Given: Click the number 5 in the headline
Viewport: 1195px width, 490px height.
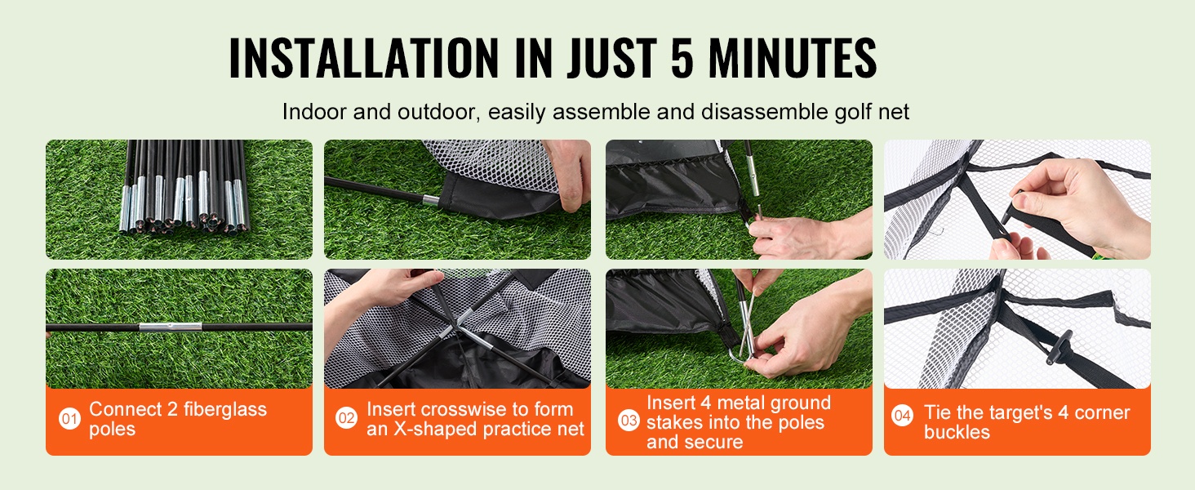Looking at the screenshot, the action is coord(682,58).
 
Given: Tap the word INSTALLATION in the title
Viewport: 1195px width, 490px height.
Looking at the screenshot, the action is coord(363,58).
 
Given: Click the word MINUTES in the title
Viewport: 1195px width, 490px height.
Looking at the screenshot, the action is coord(793,58).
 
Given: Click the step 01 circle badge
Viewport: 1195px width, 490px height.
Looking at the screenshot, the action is coord(69,419).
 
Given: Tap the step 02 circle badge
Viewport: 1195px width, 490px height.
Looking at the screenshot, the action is coord(346,418).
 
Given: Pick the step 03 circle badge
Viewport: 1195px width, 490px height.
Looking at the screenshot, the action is coord(629,421).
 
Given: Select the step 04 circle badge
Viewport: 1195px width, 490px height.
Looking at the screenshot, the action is coord(902,416).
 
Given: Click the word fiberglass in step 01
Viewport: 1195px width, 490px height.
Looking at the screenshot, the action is coord(225,410).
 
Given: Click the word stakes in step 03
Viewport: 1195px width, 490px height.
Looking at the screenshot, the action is coord(674,423).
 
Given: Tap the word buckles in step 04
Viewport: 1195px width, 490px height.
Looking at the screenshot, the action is coord(957,432).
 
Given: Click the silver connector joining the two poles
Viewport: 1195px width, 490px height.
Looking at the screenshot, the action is coord(171,327).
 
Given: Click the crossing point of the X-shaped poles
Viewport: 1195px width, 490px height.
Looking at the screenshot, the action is coord(456,326).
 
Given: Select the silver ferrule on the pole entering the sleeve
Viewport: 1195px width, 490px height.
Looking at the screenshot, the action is coord(431,201).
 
